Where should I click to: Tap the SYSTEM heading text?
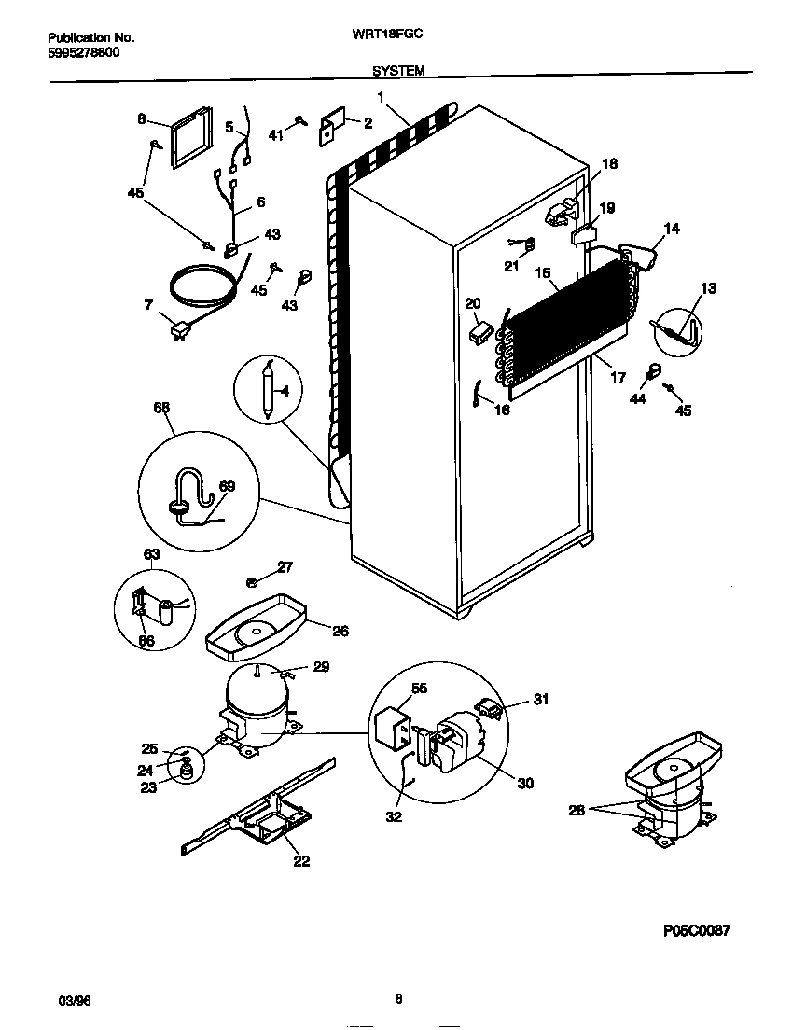398,70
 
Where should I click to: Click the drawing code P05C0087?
696,930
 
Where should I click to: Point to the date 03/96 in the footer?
62,1000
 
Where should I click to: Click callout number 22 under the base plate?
300,860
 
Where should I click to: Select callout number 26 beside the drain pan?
340,632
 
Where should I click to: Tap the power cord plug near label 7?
179,328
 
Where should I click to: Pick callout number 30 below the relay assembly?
525,784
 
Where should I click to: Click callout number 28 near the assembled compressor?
576,811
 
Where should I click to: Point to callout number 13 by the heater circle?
708,288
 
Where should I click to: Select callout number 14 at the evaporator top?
671,228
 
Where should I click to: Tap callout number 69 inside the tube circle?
227,485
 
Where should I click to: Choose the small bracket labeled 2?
332,131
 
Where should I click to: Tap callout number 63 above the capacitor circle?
152,554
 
